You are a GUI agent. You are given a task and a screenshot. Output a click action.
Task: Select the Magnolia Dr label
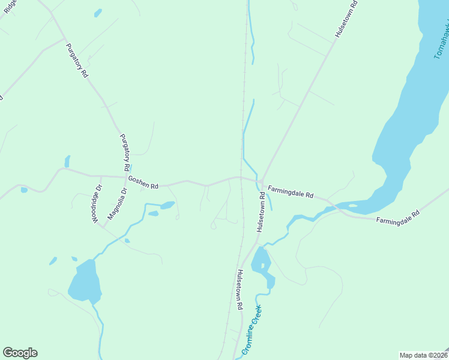click(118, 204)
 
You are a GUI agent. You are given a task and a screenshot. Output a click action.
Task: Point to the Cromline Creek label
click(252, 330)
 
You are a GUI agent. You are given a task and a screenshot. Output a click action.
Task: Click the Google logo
click(20, 353)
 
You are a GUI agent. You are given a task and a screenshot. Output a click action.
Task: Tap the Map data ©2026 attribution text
click(423, 355)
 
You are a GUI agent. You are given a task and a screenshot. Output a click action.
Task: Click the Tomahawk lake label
click(441, 42)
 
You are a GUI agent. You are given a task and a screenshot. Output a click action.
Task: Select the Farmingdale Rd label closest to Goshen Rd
click(291, 191)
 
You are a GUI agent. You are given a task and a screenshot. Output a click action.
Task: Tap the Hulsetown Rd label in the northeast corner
click(346, 19)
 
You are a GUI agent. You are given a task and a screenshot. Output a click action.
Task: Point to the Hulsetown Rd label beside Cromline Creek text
click(239, 289)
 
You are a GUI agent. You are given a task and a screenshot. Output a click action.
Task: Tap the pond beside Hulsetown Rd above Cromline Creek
click(262, 264)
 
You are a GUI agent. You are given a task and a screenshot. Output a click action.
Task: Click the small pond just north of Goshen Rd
click(67, 161)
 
